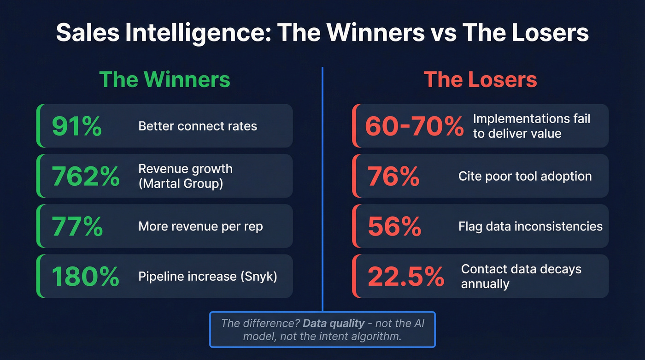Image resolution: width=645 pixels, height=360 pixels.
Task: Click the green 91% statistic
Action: [x=76, y=126]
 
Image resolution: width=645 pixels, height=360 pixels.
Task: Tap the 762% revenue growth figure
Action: [x=85, y=176]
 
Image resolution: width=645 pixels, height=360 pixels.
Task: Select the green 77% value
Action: [x=77, y=226]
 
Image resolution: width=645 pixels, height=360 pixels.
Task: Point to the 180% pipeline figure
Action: [x=85, y=276]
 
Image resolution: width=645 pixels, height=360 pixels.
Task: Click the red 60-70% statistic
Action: [x=414, y=126]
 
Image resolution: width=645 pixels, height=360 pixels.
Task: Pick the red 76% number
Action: [x=393, y=176]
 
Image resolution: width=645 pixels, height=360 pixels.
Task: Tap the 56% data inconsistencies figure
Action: [x=394, y=226]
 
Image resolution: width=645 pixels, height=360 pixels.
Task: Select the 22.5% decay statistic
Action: [x=406, y=276]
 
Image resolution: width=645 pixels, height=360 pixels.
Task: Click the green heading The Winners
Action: [x=164, y=79]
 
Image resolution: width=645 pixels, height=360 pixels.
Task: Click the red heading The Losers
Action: [x=480, y=79]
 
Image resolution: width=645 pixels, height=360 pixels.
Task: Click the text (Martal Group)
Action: [x=181, y=183]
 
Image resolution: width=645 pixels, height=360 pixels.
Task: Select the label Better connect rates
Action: [x=198, y=126]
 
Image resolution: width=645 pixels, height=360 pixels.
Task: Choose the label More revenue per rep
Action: [x=200, y=226]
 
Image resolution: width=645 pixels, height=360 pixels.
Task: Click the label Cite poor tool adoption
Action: [x=525, y=176]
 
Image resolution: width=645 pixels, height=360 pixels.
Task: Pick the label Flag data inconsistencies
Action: [x=530, y=226]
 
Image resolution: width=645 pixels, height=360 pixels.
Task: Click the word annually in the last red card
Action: [x=485, y=283]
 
